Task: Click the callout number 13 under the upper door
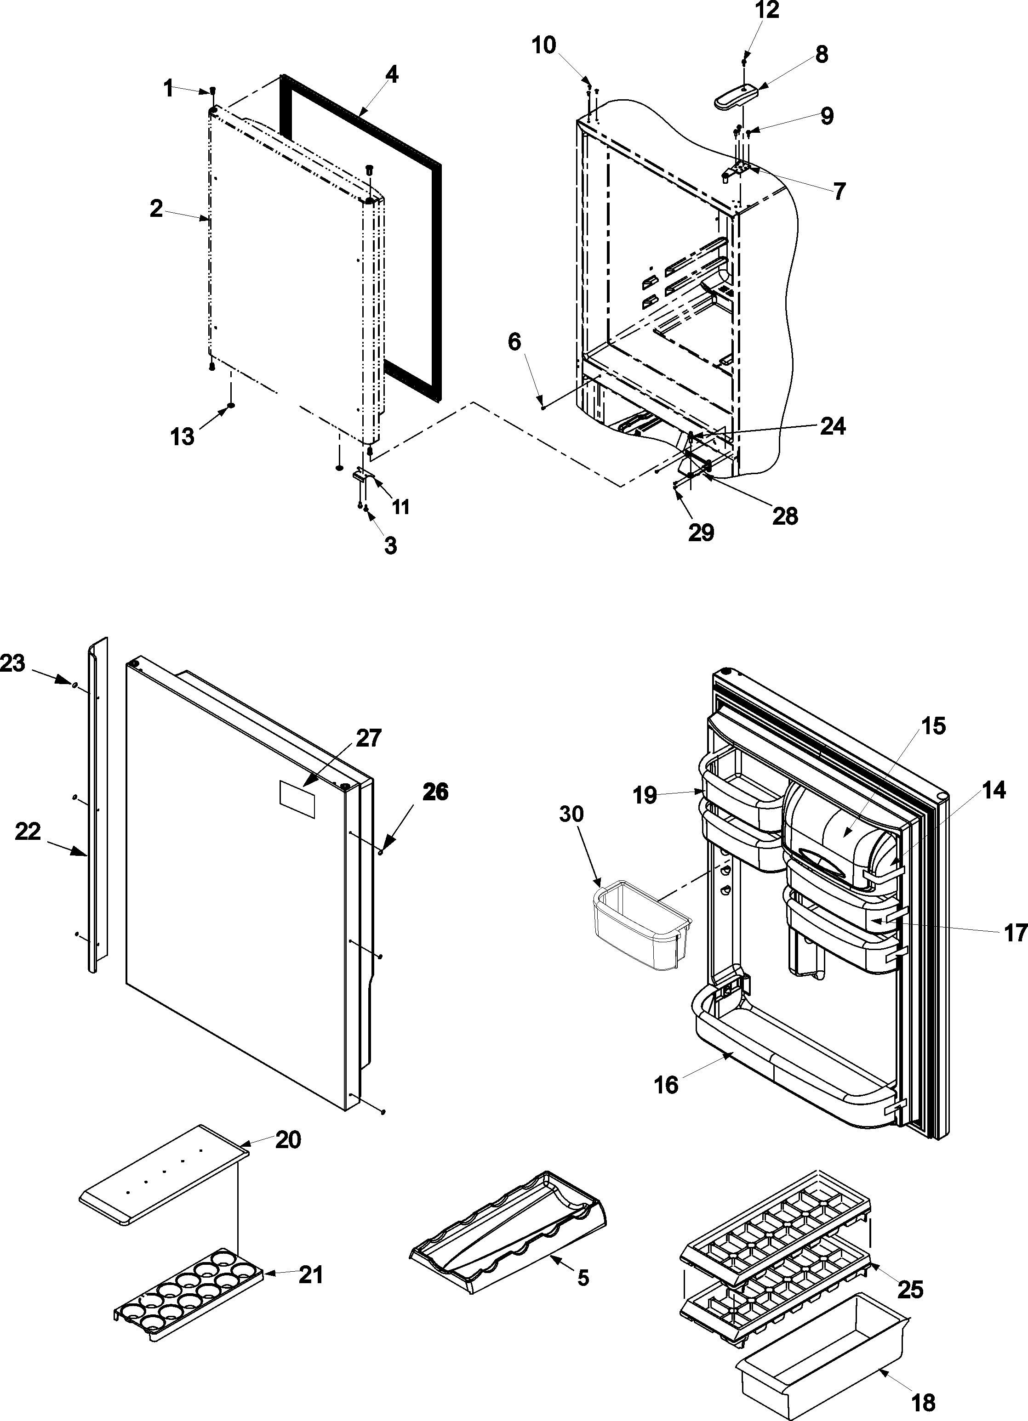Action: pos(183,437)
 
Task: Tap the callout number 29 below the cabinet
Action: pos(701,532)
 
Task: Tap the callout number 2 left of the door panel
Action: pos(156,209)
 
